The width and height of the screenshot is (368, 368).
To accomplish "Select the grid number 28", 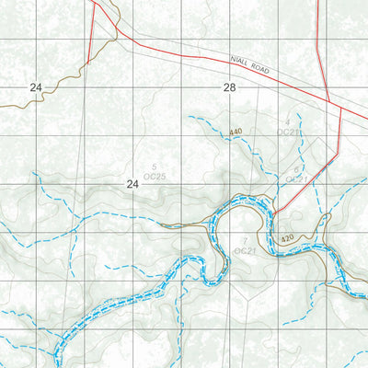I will (229, 86).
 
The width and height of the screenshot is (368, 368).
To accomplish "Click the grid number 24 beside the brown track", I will (36, 86).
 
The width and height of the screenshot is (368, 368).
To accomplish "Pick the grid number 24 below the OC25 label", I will (132, 185).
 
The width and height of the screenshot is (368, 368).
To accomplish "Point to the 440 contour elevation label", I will (236, 132).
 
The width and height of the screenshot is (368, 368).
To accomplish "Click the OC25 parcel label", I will (154, 175).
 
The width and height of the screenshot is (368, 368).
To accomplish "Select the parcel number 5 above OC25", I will (154, 165).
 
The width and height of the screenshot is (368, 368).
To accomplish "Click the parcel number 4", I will (287, 122).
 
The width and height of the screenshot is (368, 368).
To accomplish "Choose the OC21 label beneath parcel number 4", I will (287, 132).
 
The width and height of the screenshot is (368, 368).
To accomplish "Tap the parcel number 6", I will (296, 169).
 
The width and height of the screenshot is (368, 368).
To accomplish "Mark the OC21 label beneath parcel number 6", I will (296, 178).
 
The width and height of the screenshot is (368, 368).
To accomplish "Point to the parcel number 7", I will (244, 240).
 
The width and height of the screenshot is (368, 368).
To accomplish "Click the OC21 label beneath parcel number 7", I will (244, 250).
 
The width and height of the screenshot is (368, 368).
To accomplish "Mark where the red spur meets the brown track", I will (88, 63).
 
